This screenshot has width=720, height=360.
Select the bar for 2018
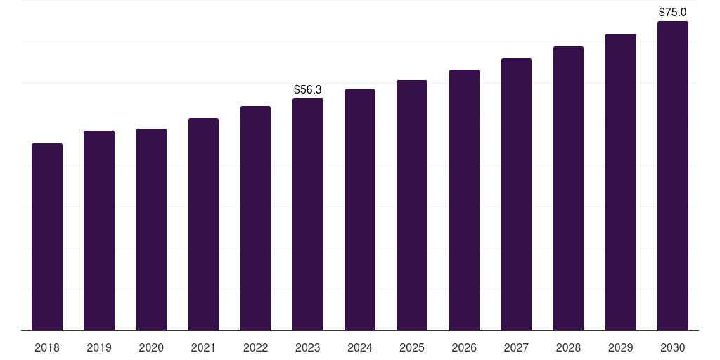(x=47, y=237)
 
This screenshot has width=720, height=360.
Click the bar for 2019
(x=99, y=231)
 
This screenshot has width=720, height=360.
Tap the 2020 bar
(x=152, y=230)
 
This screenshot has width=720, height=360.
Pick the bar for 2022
(x=255, y=219)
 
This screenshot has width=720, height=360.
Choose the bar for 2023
(x=308, y=214)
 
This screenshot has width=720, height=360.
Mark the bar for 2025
(x=412, y=205)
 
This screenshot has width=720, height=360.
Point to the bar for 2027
(x=516, y=195)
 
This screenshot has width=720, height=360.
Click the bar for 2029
(x=621, y=182)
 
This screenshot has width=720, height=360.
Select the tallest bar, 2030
(x=673, y=176)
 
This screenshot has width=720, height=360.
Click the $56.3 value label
(x=308, y=89)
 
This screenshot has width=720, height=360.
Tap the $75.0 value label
(x=673, y=13)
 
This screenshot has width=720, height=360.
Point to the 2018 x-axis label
(x=47, y=347)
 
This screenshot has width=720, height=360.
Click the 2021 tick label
(x=203, y=347)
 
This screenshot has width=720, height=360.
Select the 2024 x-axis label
(x=360, y=347)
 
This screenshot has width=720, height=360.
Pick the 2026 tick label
(x=464, y=347)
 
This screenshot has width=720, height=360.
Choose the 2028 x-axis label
(x=568, y=347)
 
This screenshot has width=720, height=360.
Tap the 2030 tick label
(x=673, y=347)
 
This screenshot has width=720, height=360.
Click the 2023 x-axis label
(x=308, y=347)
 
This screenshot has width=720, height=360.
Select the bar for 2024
(x=360, y=210)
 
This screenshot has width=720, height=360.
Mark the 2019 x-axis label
(x=99, y=347)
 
